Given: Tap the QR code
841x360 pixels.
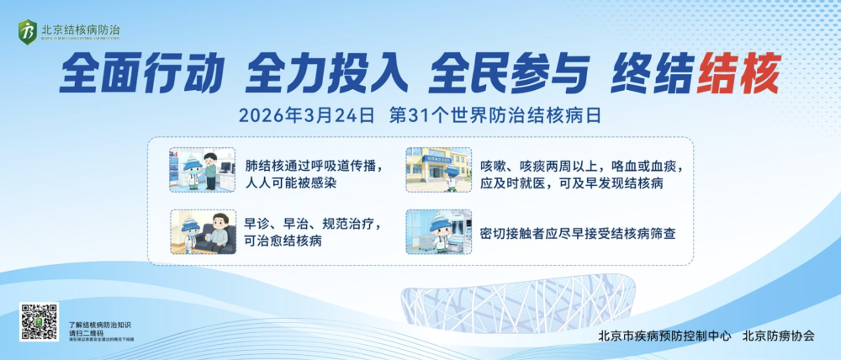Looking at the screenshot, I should coord(40,322).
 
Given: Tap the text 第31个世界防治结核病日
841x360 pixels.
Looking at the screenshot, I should coord(495,115).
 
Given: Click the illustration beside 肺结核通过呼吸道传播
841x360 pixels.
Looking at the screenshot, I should coord(202,171).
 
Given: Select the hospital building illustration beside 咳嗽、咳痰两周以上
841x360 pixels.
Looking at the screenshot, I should coord(438,171).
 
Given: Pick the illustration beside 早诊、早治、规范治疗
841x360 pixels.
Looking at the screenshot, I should coord(202,231).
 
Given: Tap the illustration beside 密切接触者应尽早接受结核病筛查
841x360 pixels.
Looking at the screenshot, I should coord(438,231).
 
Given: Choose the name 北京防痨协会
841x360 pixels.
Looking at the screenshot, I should coord(778,336).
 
